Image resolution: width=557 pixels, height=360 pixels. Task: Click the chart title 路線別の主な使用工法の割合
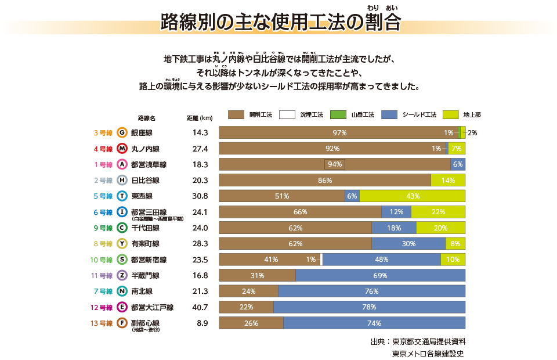pyautogui.click(x=281, y=23)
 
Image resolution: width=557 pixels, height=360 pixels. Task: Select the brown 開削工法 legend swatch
pyautogui.click(x=236, y=115)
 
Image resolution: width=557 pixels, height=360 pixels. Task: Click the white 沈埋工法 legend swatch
pyautogui.click(x=287, y=115)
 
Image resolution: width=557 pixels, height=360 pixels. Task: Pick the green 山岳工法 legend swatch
pyautogui.click(x=338, y=115)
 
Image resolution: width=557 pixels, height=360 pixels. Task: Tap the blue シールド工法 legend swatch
pyautogui.click(x=389, y=115)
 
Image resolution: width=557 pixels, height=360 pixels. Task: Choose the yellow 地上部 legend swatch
pyautogui.click(x=451, y=115)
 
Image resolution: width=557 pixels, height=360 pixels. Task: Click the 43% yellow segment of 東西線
pyautogui.click(x=413, y=196)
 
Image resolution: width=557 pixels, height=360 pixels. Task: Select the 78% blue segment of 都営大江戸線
pyautogui.click(x=369, y=307)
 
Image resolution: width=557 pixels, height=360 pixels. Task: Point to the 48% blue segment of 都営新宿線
pyautogui.click(x=381, y=260)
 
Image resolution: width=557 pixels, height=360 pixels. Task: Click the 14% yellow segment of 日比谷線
pyautogui.click(x=448, y=181)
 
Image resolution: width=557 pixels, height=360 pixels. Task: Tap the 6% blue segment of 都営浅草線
pyautogui.click(x=458, y=164)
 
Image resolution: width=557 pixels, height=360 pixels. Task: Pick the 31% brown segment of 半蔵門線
pyautogui.click(x=257, y=275)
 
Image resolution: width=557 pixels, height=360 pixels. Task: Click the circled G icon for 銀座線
pyautogui.click(x=122, y=132)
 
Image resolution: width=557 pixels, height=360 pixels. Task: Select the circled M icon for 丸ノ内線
pyautogui.click(x=122, y=148)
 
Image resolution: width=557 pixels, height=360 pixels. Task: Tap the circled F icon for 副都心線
pyautogui.click(x=122, y=323)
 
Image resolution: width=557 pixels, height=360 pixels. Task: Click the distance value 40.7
pyautogui.click(x=200, y=307)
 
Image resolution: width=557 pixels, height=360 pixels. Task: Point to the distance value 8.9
pyautogui.click(x=202, y=323)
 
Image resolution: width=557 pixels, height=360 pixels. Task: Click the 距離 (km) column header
pyautogui.click(x=200, y=118)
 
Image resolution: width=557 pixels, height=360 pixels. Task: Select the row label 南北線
pyautogui.click(x=142, y=291)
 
